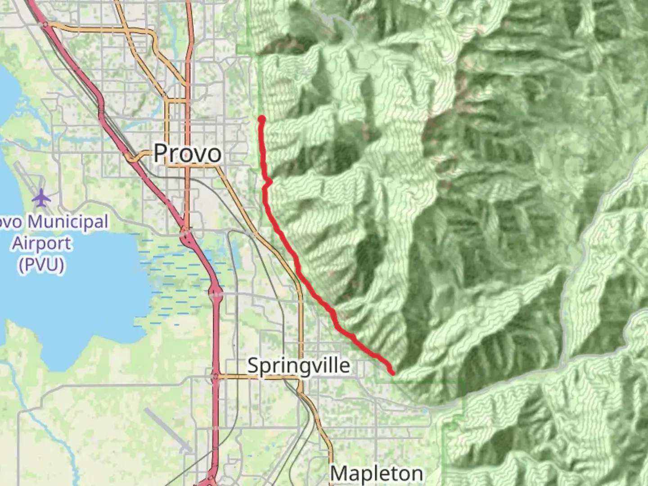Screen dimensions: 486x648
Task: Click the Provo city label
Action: pos(187,153)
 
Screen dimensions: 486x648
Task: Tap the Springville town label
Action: pos(298,365)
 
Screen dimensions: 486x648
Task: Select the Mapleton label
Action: pos(377,473)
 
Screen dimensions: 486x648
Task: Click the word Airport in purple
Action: pos(41,243)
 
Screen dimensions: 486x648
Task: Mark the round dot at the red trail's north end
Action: pos(261,119)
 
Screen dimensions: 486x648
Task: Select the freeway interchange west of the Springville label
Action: pos(216,376)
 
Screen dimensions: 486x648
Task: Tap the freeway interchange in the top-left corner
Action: pos(45,25)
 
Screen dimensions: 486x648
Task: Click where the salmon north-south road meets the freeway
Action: pos(186,234)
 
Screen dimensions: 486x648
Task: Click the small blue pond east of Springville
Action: pos(425,410)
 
